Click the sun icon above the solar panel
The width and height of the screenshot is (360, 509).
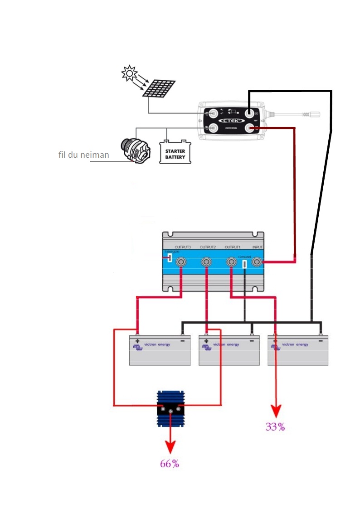(129, 73)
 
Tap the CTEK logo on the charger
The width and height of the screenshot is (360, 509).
(232, 121)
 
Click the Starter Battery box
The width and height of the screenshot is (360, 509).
(175, 152)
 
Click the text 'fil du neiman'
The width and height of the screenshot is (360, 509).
(84, 155)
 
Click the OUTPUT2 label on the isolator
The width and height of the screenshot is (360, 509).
(207, 247)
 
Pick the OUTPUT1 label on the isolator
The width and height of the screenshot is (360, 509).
(232, 247)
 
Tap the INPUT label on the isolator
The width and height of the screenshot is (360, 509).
(258, 247)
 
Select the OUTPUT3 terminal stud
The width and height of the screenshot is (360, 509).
(181, 262)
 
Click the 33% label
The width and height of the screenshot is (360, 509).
(275, 427)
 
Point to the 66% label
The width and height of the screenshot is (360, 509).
(170, 464)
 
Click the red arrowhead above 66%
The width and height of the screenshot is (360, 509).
(170, 448)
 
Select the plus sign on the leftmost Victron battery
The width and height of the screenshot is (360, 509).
(137, 339)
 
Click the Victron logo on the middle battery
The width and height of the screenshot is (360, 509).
(207, 346)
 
